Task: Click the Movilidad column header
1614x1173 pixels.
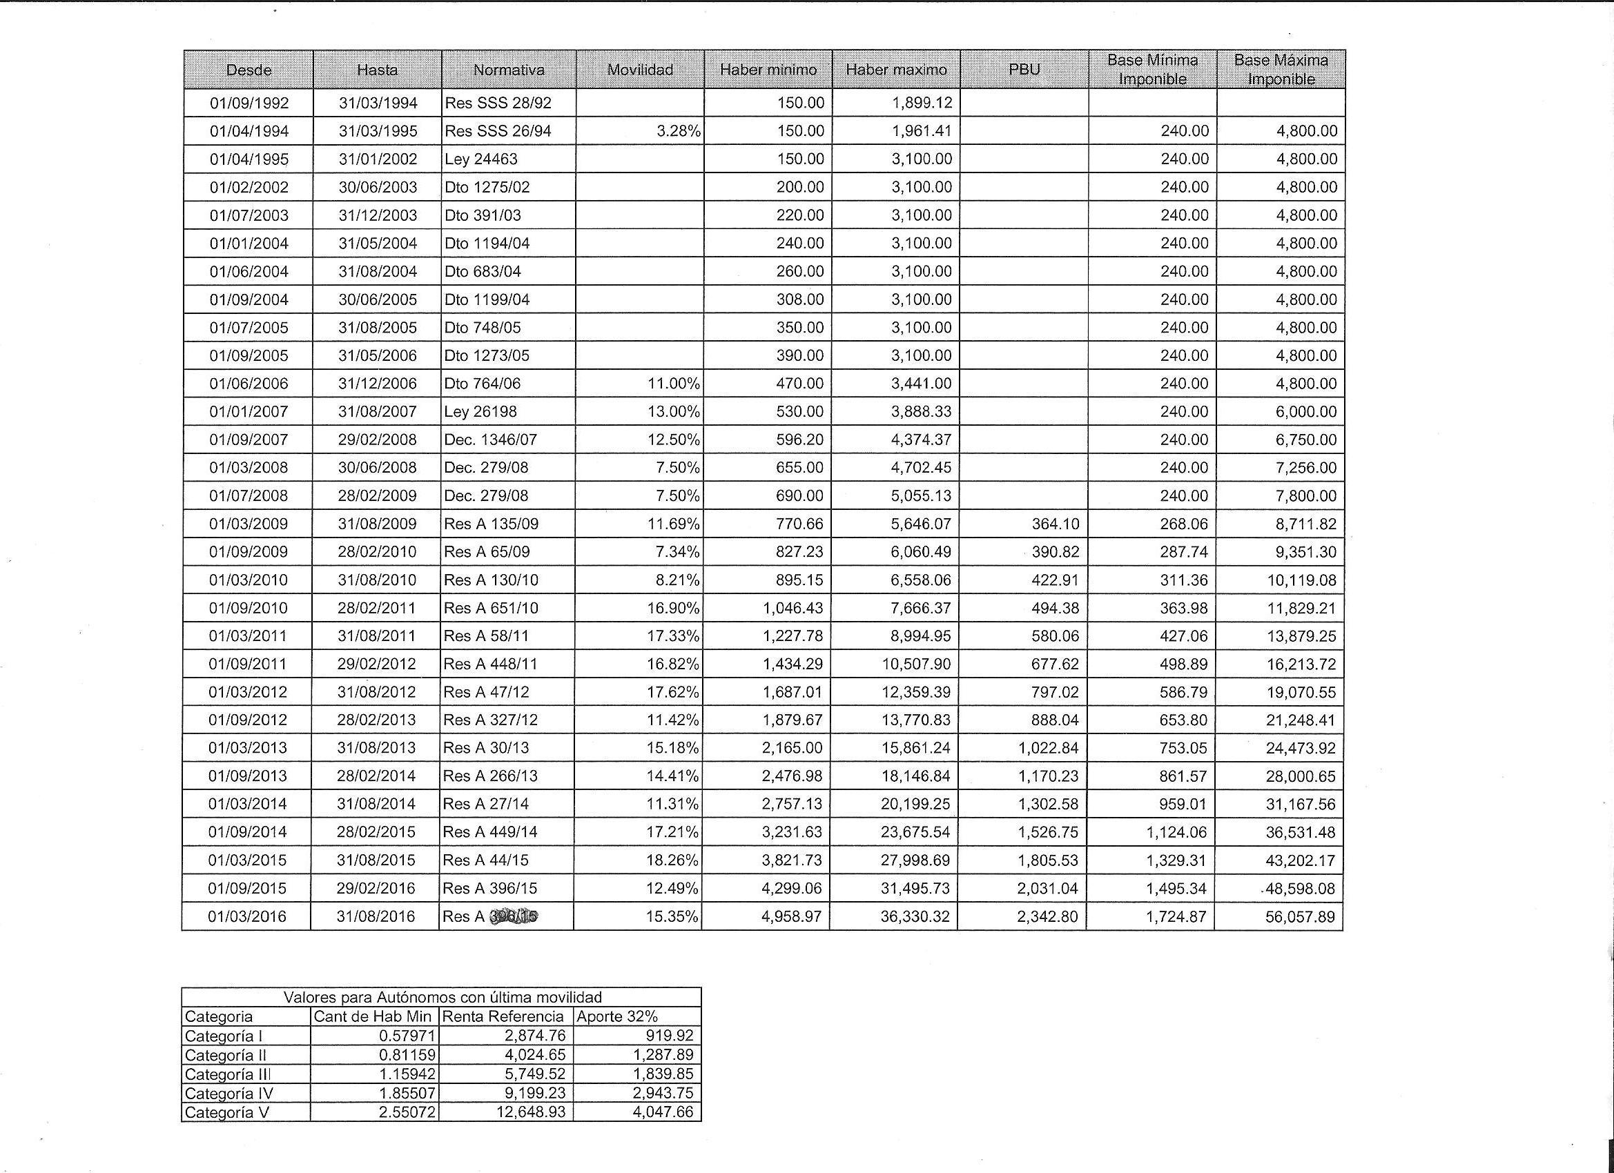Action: pos(640,70)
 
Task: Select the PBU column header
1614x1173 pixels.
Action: pos(1024,70)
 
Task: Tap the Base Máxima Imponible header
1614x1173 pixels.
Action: pos(1281,70)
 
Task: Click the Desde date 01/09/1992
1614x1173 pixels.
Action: pos(249,103)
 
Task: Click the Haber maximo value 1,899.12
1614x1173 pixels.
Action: pos(922,103)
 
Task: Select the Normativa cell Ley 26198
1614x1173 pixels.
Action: pos(480,412)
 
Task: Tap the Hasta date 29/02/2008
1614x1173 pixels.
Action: pos(377,440)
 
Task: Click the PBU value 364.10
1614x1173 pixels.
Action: pos(1056,524)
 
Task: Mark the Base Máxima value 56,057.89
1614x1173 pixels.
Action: pos(1300,917)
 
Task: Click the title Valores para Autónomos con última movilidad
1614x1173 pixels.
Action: pos(442,997)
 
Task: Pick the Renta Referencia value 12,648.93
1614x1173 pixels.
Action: pos(531,1112)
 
